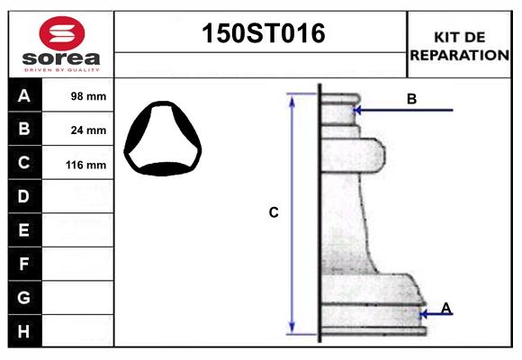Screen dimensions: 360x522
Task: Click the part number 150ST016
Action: coord(261,34)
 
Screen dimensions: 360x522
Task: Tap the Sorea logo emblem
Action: coord(62,33)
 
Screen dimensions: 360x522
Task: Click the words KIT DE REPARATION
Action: coord(459,46)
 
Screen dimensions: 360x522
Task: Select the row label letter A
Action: coord(24,95)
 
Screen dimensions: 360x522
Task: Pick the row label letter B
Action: coord(24,129)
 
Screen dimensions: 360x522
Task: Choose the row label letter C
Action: coord(24,163)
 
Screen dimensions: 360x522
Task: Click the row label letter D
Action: coord(24,196)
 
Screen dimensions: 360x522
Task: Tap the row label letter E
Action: coord(24,230)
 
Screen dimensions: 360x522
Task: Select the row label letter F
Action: coord(24,264)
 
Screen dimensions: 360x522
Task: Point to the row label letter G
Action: coord(24,297)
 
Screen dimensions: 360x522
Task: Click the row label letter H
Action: coord(24,330)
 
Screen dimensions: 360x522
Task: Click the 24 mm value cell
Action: coord(88,130)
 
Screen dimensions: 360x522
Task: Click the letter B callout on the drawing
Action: coord(411,99)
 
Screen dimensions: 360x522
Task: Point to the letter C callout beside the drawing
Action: coord(274,213)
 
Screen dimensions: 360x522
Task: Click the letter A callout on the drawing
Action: coord(445,308)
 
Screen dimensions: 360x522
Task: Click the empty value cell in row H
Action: coord(78,330)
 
